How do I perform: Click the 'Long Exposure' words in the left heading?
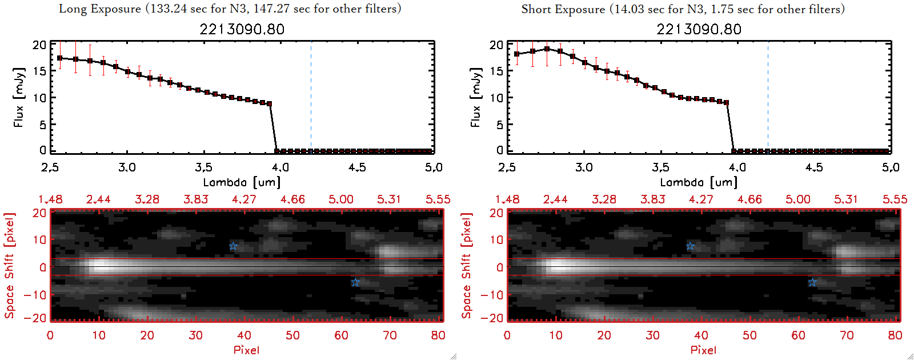point(100,9)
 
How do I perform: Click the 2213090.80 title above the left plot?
point(242,29)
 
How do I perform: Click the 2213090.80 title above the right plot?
point(699,29)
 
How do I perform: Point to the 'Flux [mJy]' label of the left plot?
point(19,97)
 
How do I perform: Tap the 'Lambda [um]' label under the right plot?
point(699,182)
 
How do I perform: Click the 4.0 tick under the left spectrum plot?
point(280,167)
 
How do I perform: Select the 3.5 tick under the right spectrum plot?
point(660,167)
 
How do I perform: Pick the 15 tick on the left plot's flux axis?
point(39,71)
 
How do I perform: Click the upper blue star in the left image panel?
point(233,246)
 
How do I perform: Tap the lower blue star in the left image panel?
point(355,282)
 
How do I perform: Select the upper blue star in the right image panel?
point(690,246)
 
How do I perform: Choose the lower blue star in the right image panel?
point(812,282)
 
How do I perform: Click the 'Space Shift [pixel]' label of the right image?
point(467,266)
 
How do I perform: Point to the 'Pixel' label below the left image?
point(246,350)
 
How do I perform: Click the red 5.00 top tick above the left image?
point(340,199)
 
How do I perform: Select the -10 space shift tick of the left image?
point(35,294)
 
